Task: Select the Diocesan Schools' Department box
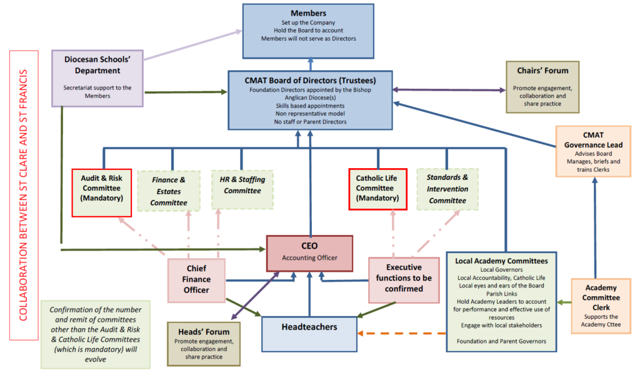(97, 78)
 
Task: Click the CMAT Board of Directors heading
(310, 79)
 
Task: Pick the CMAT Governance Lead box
(593, 151)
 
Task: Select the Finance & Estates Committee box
(169, 191)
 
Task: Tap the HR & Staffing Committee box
(242, 189)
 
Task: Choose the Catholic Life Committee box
(377, 189)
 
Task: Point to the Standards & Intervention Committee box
(447, 189)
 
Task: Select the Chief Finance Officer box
(196, 280)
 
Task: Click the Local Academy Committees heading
(502, 260)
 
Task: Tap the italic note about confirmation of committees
(96, 334)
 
